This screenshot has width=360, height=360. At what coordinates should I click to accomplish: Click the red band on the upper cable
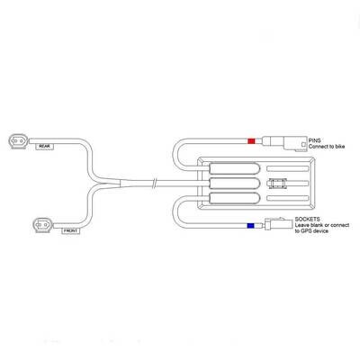click(251, 140)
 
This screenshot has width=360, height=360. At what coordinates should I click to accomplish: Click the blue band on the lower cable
click(250, 226)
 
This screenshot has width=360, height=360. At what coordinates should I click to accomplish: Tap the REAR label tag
click(45, 147)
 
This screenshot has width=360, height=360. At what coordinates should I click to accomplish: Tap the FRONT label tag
click(70, 231)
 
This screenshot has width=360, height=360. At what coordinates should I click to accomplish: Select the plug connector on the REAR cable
click(19, 140)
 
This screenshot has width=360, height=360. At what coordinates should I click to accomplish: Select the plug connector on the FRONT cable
click(44, 225)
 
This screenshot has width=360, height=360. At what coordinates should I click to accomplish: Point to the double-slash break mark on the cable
click(154, 183)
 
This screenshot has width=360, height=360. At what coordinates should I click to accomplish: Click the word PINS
click(314, 140)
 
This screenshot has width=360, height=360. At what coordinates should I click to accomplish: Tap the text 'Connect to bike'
click(327, 147)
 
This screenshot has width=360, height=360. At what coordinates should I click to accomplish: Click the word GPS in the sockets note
click(306, 231)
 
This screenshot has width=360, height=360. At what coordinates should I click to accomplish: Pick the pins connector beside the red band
click(284, 143)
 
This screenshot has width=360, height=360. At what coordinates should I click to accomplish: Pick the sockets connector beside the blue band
click(278, 223)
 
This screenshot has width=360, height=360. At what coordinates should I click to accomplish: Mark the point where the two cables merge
click(120, 183)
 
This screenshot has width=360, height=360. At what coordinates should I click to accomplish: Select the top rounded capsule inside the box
click(234, 168)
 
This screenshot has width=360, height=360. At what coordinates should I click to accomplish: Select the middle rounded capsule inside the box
click(234, 183)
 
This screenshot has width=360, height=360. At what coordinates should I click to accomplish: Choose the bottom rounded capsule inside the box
click(234, 198)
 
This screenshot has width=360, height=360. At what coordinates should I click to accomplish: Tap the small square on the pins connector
click(303, 145)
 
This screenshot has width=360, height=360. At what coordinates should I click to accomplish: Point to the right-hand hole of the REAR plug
click(22, 140)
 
